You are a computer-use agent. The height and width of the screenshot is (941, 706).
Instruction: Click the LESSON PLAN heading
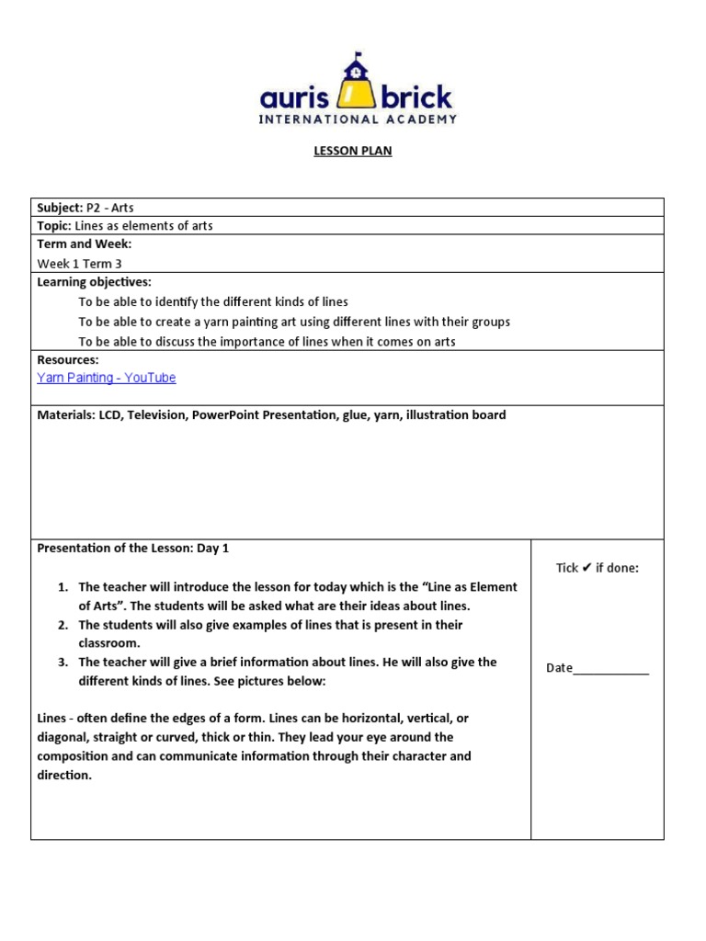[x=353, y=151]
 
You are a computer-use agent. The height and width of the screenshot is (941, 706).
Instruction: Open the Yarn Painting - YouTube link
[x=106, y=378]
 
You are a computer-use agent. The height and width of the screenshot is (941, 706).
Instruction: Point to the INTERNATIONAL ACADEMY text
[x=358, y=119]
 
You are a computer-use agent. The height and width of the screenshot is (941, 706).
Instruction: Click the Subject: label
[x=59, y=208]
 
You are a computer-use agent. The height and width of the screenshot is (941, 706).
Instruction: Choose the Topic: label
[x=53, y=225]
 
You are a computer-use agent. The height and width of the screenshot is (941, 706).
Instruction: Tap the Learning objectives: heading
[x=94, y=282]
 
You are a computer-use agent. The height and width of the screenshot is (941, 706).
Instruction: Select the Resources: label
[x=67, y=359]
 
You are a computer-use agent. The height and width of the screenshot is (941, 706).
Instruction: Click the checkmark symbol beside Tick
[x=586, y=567]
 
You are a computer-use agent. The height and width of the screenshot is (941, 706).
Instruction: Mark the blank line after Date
[x=611, y=669]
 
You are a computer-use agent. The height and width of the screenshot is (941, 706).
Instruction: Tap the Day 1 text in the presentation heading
[x=212, y=548]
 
